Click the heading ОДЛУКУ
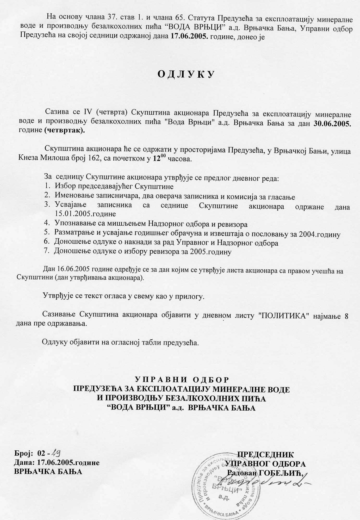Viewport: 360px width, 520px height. pyautogui.click(x=186, y=74)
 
